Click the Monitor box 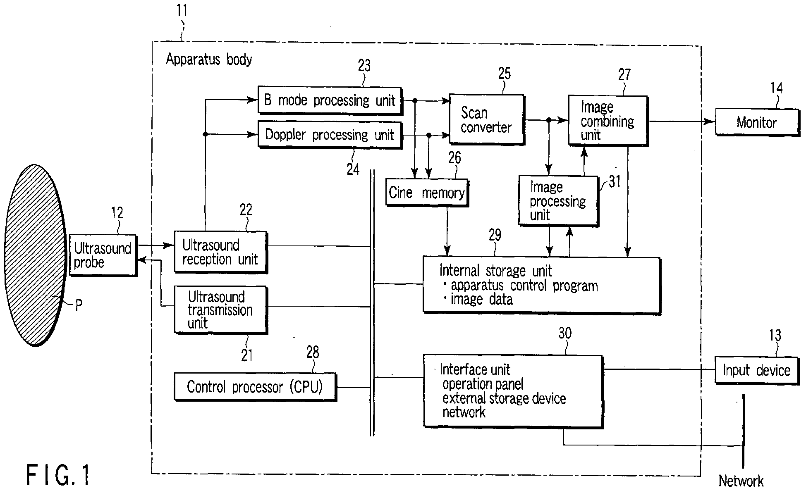pos(757,122)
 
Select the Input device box pos(757,370)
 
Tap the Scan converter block pos(487,119)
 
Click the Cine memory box pos(427,193)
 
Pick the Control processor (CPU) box pos(255,387)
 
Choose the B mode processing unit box pos(330,100)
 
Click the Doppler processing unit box pos(330,135)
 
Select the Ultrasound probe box pos(103,255)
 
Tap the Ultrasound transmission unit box pos(221,310)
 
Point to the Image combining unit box pos(608,121)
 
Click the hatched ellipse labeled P pos(36,255)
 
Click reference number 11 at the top pos(182,10)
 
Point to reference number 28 pos(313,352)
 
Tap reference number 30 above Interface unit pos(565,333)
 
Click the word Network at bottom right pos(741,481)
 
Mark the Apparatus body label pos(209,60)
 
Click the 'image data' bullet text pos(478,299)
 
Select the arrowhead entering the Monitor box pos(710,121)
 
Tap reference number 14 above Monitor pos(776,88)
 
